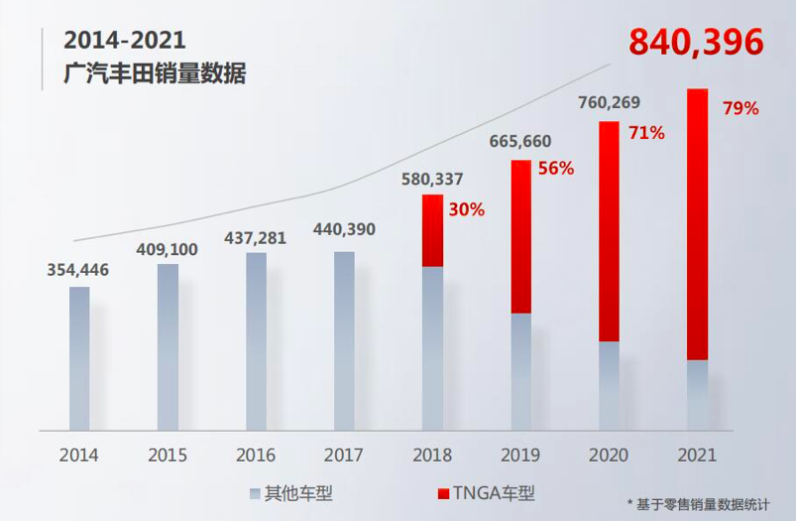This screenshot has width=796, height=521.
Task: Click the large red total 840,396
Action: point(696,42)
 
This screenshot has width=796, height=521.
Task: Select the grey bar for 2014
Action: point(79,358)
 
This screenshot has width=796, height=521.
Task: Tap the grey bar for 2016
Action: point(256,341)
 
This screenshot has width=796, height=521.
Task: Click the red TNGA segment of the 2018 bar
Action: point(432,230)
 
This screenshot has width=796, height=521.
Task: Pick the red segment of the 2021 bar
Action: point(697,224)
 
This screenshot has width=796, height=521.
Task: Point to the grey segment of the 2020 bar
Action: point(609,386)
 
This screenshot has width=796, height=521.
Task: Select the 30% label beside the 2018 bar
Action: point(465,209)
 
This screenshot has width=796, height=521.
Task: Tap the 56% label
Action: point(556,169)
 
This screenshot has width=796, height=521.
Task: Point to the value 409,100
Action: point(168,247)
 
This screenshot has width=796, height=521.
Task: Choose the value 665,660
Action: point(519,142)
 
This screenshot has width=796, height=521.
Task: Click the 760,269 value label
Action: point(608,103)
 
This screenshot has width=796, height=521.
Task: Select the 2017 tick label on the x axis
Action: point(344,456)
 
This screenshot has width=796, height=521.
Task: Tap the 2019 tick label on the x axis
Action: point(520,456)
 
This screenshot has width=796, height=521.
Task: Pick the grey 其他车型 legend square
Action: point(254,493)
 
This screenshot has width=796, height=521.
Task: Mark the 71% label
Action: point(646,132)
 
